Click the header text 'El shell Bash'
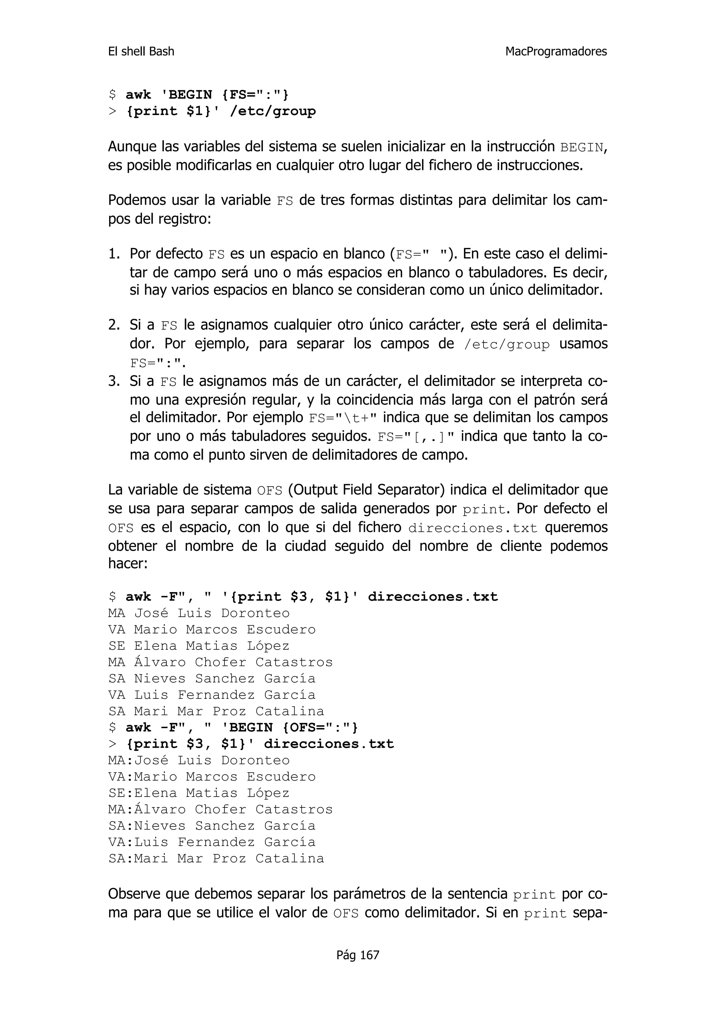141,52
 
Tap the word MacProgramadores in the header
556,52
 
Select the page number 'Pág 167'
358,955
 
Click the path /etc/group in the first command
273,111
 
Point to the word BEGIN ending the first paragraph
581,148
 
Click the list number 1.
114,254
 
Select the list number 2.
114,325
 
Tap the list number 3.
114,381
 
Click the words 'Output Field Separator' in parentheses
366,490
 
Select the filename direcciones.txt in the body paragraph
473,528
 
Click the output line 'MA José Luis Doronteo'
199,613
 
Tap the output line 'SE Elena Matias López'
199,646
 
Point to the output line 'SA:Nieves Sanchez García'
212,826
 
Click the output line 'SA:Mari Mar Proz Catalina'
216,858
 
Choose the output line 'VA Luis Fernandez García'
212,695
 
